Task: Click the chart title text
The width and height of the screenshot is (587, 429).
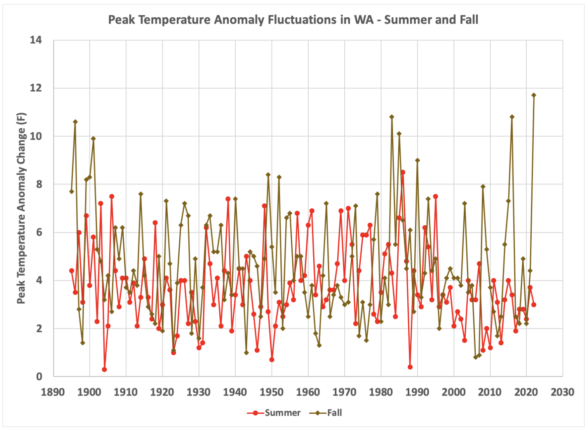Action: (293, 20)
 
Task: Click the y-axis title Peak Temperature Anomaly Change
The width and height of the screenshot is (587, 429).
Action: (21, 208)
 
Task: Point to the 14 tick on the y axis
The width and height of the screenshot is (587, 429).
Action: (36, 40)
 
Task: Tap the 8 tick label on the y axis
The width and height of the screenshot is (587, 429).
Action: (39, 184)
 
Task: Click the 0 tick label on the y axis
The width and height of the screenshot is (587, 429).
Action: (39, 377)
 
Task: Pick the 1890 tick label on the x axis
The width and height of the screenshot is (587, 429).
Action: (53, 392)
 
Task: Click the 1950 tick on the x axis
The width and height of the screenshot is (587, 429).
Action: (272, 392)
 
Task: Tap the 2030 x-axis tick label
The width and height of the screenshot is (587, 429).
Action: (563, 392)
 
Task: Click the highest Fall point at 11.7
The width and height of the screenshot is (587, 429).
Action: (534, 95)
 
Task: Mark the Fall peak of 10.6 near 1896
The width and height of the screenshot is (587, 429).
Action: (75, 122)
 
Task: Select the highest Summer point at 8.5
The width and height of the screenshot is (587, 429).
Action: (403, 172)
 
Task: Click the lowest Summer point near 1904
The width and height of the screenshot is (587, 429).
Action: (104, 370)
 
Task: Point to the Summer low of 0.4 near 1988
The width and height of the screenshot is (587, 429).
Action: (410, 367)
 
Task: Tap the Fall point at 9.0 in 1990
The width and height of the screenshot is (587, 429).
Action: (417, 160)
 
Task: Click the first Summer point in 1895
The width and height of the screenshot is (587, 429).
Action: (71, 271)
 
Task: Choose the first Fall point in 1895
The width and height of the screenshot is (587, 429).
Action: (71, 191)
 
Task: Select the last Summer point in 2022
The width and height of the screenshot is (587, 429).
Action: (534, 304)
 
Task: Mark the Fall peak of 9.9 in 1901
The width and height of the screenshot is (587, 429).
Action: (93, 139)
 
